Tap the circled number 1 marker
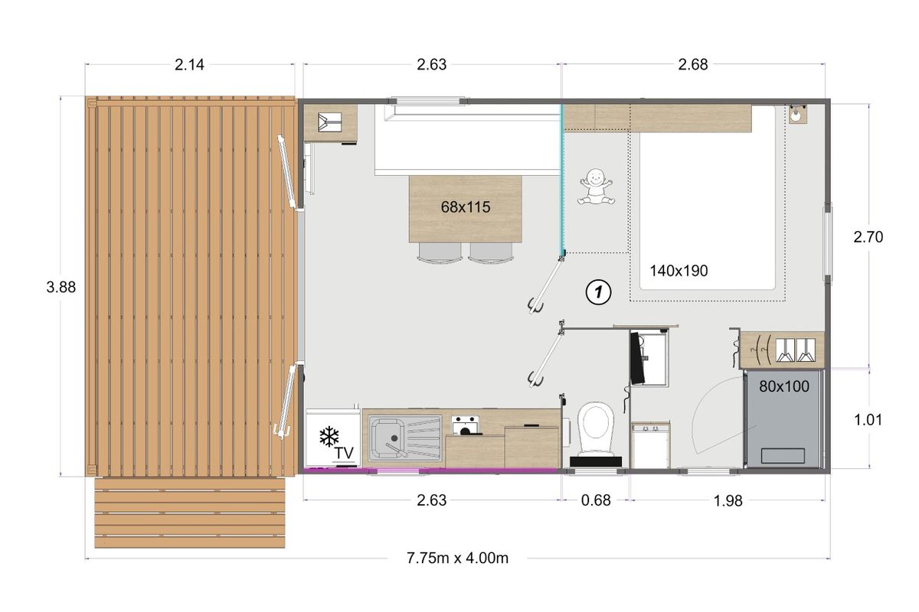tap(598, 292)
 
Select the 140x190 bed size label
tap(679, 271)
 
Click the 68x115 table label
tap(466, 207)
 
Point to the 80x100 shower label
tap(783, 386)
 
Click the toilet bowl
tap(595, 428)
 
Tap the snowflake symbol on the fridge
tap(329, 437)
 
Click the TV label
tap(343, 453)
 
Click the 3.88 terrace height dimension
tap(61, 288)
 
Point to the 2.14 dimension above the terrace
tap(189, 65)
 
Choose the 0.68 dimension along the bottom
tap(596, 500)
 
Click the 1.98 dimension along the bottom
tap(728, 501)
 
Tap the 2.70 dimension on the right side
tap(868, 237)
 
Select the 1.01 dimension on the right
tap(868, 420)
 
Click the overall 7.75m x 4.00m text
tap(457, 558)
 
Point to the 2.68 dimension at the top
tap(693, 65)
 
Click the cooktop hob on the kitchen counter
tap(466, 425)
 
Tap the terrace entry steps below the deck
tap(190, 513)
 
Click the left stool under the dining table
tap(440, 252)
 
